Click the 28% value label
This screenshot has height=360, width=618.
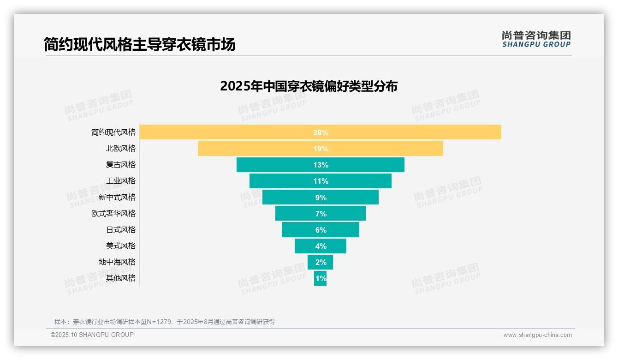pos(321,132)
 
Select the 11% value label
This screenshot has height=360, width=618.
pos(321,181)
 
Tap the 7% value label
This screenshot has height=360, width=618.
pos(321,214)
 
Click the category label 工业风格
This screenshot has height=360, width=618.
pos(121,181)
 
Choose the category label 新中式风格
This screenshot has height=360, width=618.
pos(117,197)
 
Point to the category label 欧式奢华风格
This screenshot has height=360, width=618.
pos(113,213)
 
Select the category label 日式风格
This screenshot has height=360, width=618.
pos(121,229)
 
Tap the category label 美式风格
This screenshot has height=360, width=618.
pos(121,246)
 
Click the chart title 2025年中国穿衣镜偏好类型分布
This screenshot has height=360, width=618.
pos(309,86)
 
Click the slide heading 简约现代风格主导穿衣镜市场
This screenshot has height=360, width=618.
pos(140,44)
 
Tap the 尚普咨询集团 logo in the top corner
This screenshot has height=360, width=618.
pos(536,39)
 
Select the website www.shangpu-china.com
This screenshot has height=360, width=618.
pos(537,335)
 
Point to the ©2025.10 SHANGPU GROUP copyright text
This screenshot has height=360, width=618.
pos(92,335)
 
